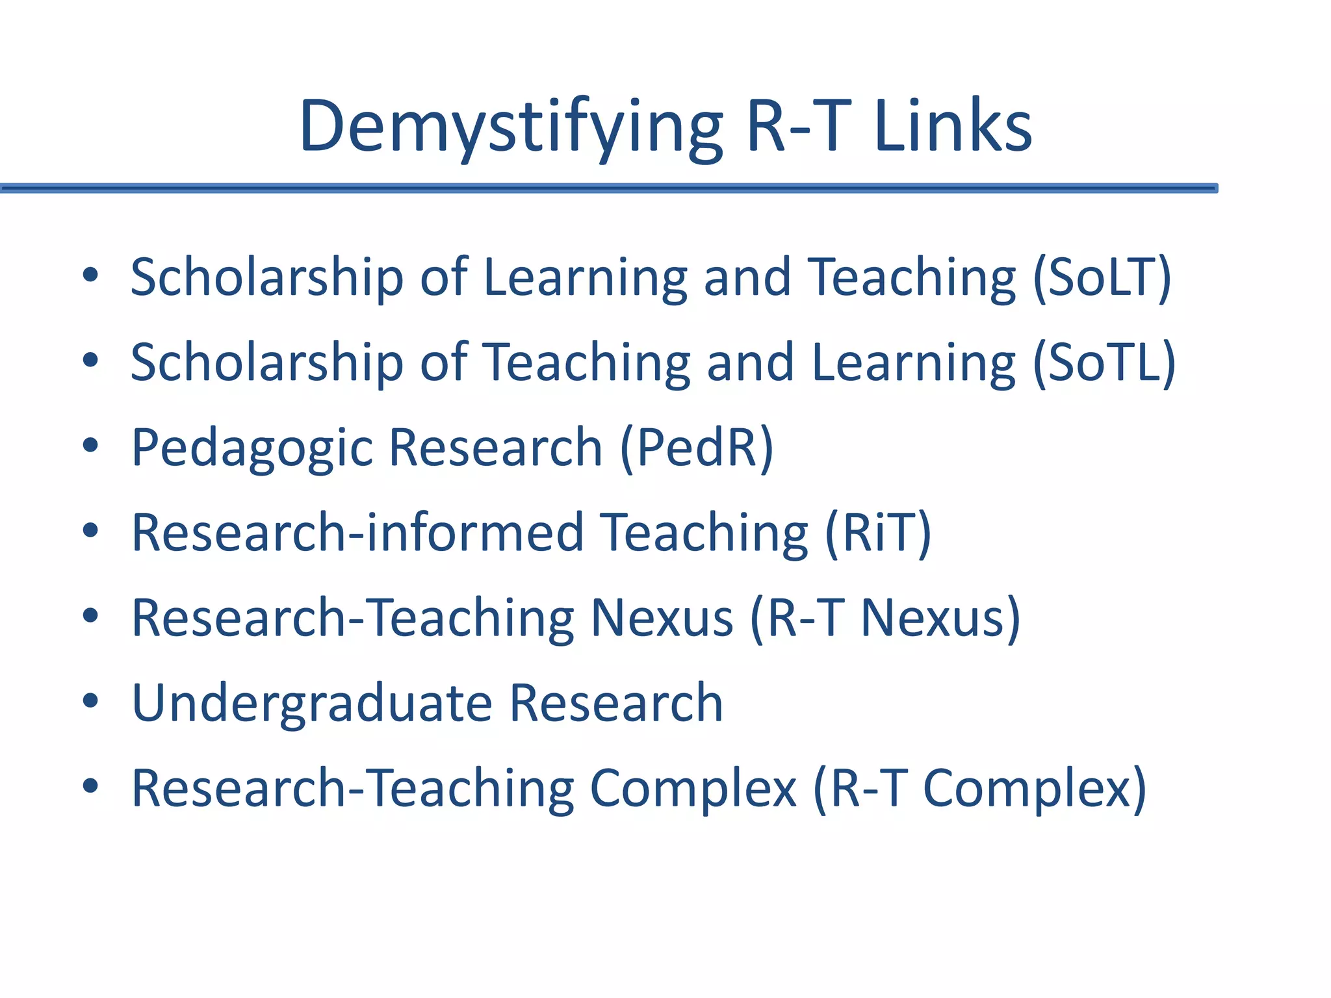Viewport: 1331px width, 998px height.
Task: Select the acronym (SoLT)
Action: pos(1102,277)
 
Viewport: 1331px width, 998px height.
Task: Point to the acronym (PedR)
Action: pos(697,448)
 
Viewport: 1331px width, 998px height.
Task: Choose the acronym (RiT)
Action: pos(878,533)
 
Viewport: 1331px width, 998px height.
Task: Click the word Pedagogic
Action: pos(252,448)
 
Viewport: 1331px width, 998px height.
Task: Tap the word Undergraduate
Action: pos(312,703)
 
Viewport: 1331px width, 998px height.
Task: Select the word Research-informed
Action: pos(357,533)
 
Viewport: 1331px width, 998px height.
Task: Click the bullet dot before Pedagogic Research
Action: pos(90,446)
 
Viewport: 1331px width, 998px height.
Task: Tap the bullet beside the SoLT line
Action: pos(90,275)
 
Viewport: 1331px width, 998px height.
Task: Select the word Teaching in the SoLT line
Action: pos(911,277)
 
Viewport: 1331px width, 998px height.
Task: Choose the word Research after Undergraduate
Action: pos(615,703)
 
